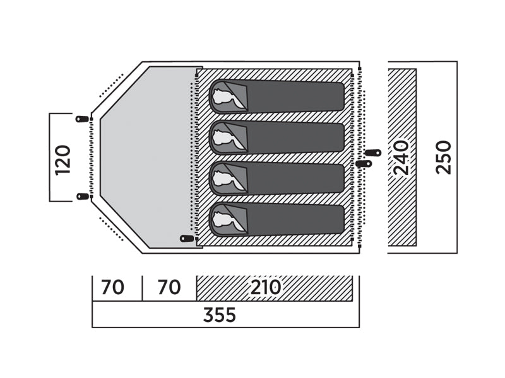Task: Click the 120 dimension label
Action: [62, 160]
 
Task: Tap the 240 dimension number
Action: [401, 157]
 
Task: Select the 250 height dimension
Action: [444, 157]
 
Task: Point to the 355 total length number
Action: [220, 315]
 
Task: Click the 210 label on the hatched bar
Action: [265, 287]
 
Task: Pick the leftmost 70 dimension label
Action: [112, 287]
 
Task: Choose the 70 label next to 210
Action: [169, 287]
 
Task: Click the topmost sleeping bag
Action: [277, 96]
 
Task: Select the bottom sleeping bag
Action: [277, 219]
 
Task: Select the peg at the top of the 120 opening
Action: [82, 119]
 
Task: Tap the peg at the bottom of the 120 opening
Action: [83, 196]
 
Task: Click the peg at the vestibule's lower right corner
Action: [187, 239]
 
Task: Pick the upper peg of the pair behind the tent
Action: [374, 152]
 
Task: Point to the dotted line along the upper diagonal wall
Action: [111, 85]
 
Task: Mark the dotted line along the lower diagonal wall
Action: [111, 229]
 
